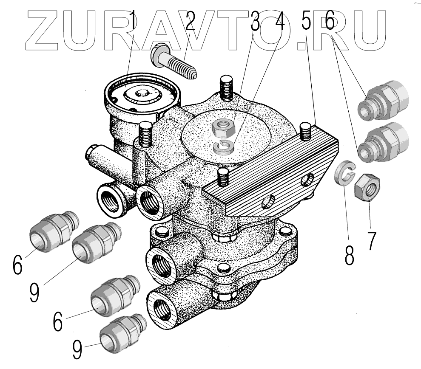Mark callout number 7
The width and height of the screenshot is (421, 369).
click(x=371, y=240)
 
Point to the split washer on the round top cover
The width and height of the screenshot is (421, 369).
click(x=223, y=146)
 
